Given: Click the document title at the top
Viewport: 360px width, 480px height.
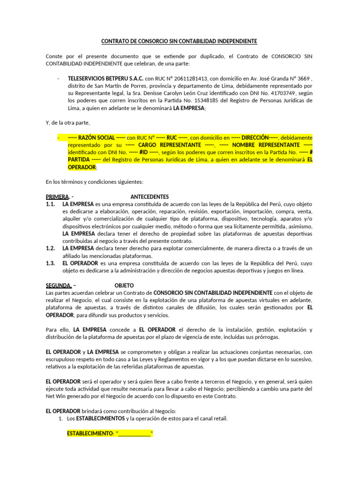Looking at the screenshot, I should click(x=180, y=41).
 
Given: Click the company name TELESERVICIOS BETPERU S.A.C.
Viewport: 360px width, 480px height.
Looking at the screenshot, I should click(x=105, y=79).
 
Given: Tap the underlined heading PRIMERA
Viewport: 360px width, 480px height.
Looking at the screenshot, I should click(x=57, y=196).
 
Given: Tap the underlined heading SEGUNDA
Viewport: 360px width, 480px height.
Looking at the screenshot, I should click(x=59, y=285).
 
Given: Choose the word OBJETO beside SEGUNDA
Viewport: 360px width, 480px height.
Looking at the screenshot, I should click(x=124, y=285).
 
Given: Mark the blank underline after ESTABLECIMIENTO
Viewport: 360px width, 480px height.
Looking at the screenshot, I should click(x=134, y=434).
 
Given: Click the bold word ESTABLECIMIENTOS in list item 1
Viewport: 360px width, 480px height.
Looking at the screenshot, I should click(x=100, y=418).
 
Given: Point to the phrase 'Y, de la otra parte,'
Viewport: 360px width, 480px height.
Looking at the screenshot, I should click(x=67, y=123).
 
